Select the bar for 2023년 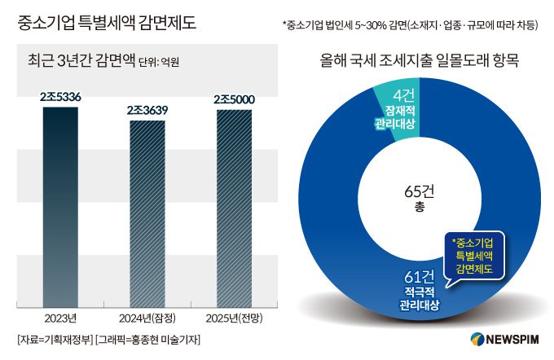[61, 204]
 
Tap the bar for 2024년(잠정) [152, 212]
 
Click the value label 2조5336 [61, 97]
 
